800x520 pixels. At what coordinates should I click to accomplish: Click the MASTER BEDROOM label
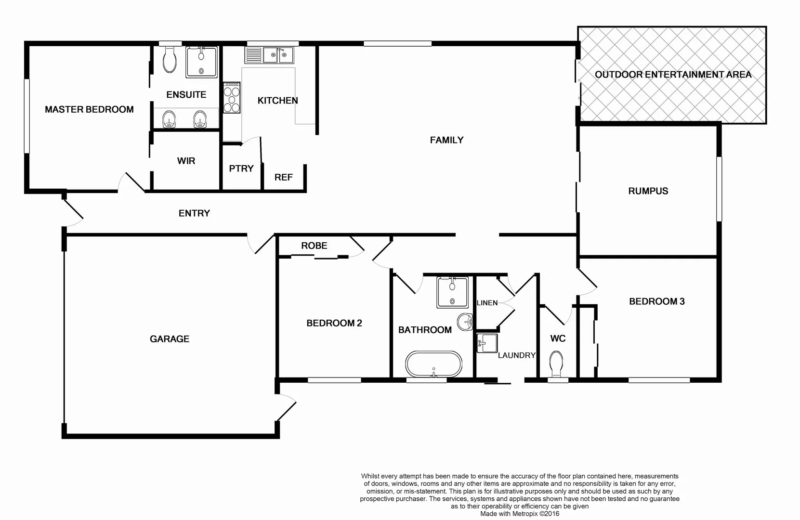point(89,110)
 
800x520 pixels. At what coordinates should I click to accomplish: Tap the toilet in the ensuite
point(169,61)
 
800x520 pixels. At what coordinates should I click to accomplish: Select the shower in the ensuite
point(201,62)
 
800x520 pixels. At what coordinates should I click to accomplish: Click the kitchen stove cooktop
point(232,98)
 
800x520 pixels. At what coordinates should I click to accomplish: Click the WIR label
point(186,161)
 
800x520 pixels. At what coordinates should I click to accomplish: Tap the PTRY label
point(241,169)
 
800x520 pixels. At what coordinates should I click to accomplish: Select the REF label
point(283,178)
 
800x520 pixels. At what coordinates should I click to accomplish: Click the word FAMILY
point(446,140)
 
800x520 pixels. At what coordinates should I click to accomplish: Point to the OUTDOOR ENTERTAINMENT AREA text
point(673,75)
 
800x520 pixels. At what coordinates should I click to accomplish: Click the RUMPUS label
point(648,191)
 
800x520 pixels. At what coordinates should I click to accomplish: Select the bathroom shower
point(452,292)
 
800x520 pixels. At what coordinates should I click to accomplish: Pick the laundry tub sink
point(486,343)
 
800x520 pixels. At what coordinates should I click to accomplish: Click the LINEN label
point(487,303)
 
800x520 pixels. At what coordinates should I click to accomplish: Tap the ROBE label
point(314,246)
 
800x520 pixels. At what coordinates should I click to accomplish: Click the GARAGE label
point(170,339)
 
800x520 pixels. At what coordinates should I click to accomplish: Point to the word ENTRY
point(194,213)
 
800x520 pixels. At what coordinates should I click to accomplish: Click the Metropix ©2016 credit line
point(520,514)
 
